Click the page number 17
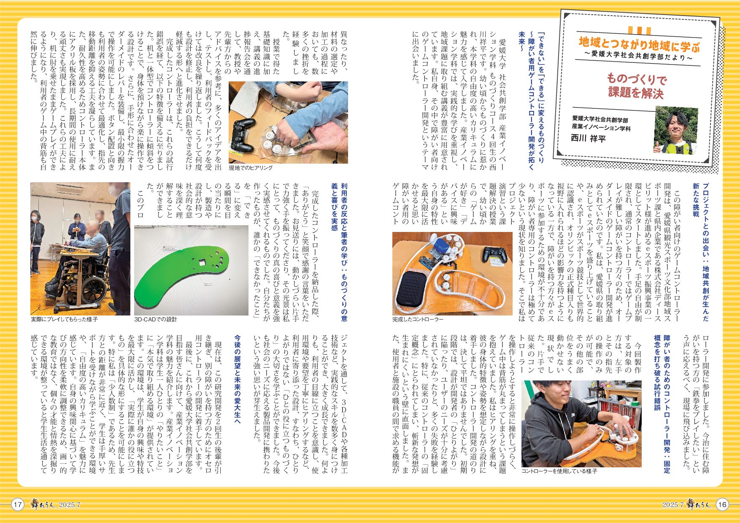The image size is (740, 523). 17,504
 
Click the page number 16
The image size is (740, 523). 722,504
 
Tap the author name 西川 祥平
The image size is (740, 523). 588,138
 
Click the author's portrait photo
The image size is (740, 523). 675,130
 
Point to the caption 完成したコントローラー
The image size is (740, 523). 418,319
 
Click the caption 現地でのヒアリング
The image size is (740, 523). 251,167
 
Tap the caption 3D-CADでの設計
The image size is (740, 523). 156,319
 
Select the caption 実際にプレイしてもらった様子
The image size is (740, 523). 64,319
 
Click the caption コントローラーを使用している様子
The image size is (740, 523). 559,471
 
